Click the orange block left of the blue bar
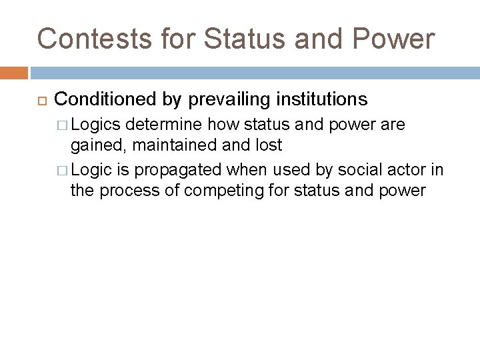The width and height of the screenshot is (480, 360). click(13, 72)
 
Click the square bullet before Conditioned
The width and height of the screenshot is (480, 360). click(39, 100)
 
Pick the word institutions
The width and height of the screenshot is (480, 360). click(323, 99)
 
